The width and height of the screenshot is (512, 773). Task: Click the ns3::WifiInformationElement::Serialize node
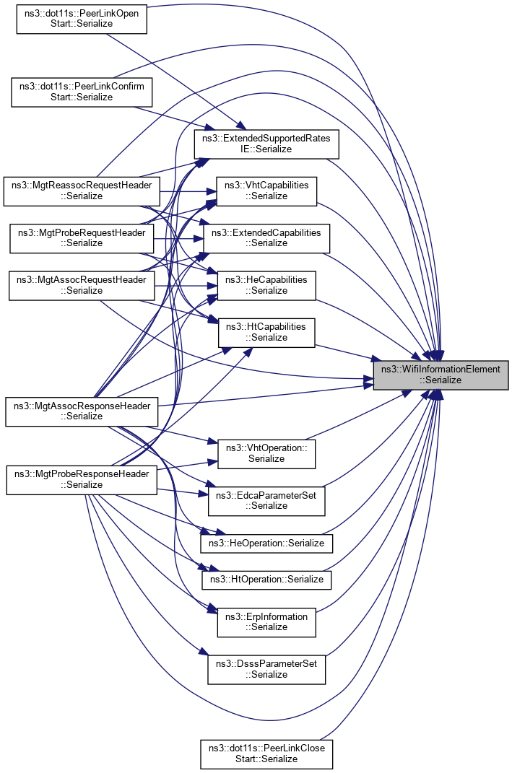click(x=441, y=375)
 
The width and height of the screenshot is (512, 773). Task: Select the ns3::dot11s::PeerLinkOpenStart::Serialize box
click(x=82, y=18)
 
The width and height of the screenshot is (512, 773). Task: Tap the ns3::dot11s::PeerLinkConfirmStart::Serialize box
click(x=82, y=92)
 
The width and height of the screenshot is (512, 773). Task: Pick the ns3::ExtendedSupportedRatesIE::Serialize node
click(x=267, y=144)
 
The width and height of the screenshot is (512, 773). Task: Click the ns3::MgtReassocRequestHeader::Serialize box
click(x=82, y=191)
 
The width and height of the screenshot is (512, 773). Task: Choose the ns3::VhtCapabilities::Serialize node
click(x=267, y=191)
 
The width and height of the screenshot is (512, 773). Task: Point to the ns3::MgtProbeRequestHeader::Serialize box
click(x=82, y=237)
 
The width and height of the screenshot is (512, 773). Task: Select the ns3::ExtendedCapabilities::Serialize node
click(x=267, y=237)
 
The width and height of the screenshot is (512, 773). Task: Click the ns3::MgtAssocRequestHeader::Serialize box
click(x=82, y=285)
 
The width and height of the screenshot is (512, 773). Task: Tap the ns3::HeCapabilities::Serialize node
click(x=267, y=285)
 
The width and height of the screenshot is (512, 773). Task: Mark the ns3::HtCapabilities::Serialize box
click(x=267, y=332)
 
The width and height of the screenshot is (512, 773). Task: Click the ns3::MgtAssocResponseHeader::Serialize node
click(x=82, y=411)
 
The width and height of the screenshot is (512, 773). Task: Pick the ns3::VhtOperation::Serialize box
click(x=267, y=453)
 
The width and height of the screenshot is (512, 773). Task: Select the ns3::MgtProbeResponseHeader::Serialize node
click(x=82, y=479)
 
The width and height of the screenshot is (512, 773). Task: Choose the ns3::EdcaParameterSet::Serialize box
click(x=266, y=500)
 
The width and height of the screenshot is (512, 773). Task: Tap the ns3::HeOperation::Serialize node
click(x=266, y=541)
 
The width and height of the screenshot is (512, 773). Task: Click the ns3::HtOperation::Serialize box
click(x=266, y=579)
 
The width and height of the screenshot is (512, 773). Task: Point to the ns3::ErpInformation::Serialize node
click(x=267, y=621)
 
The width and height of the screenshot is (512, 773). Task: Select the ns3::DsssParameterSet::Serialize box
click(x=266, y=669)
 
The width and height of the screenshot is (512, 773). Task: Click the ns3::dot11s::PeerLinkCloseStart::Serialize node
click(x=266, y=754)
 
